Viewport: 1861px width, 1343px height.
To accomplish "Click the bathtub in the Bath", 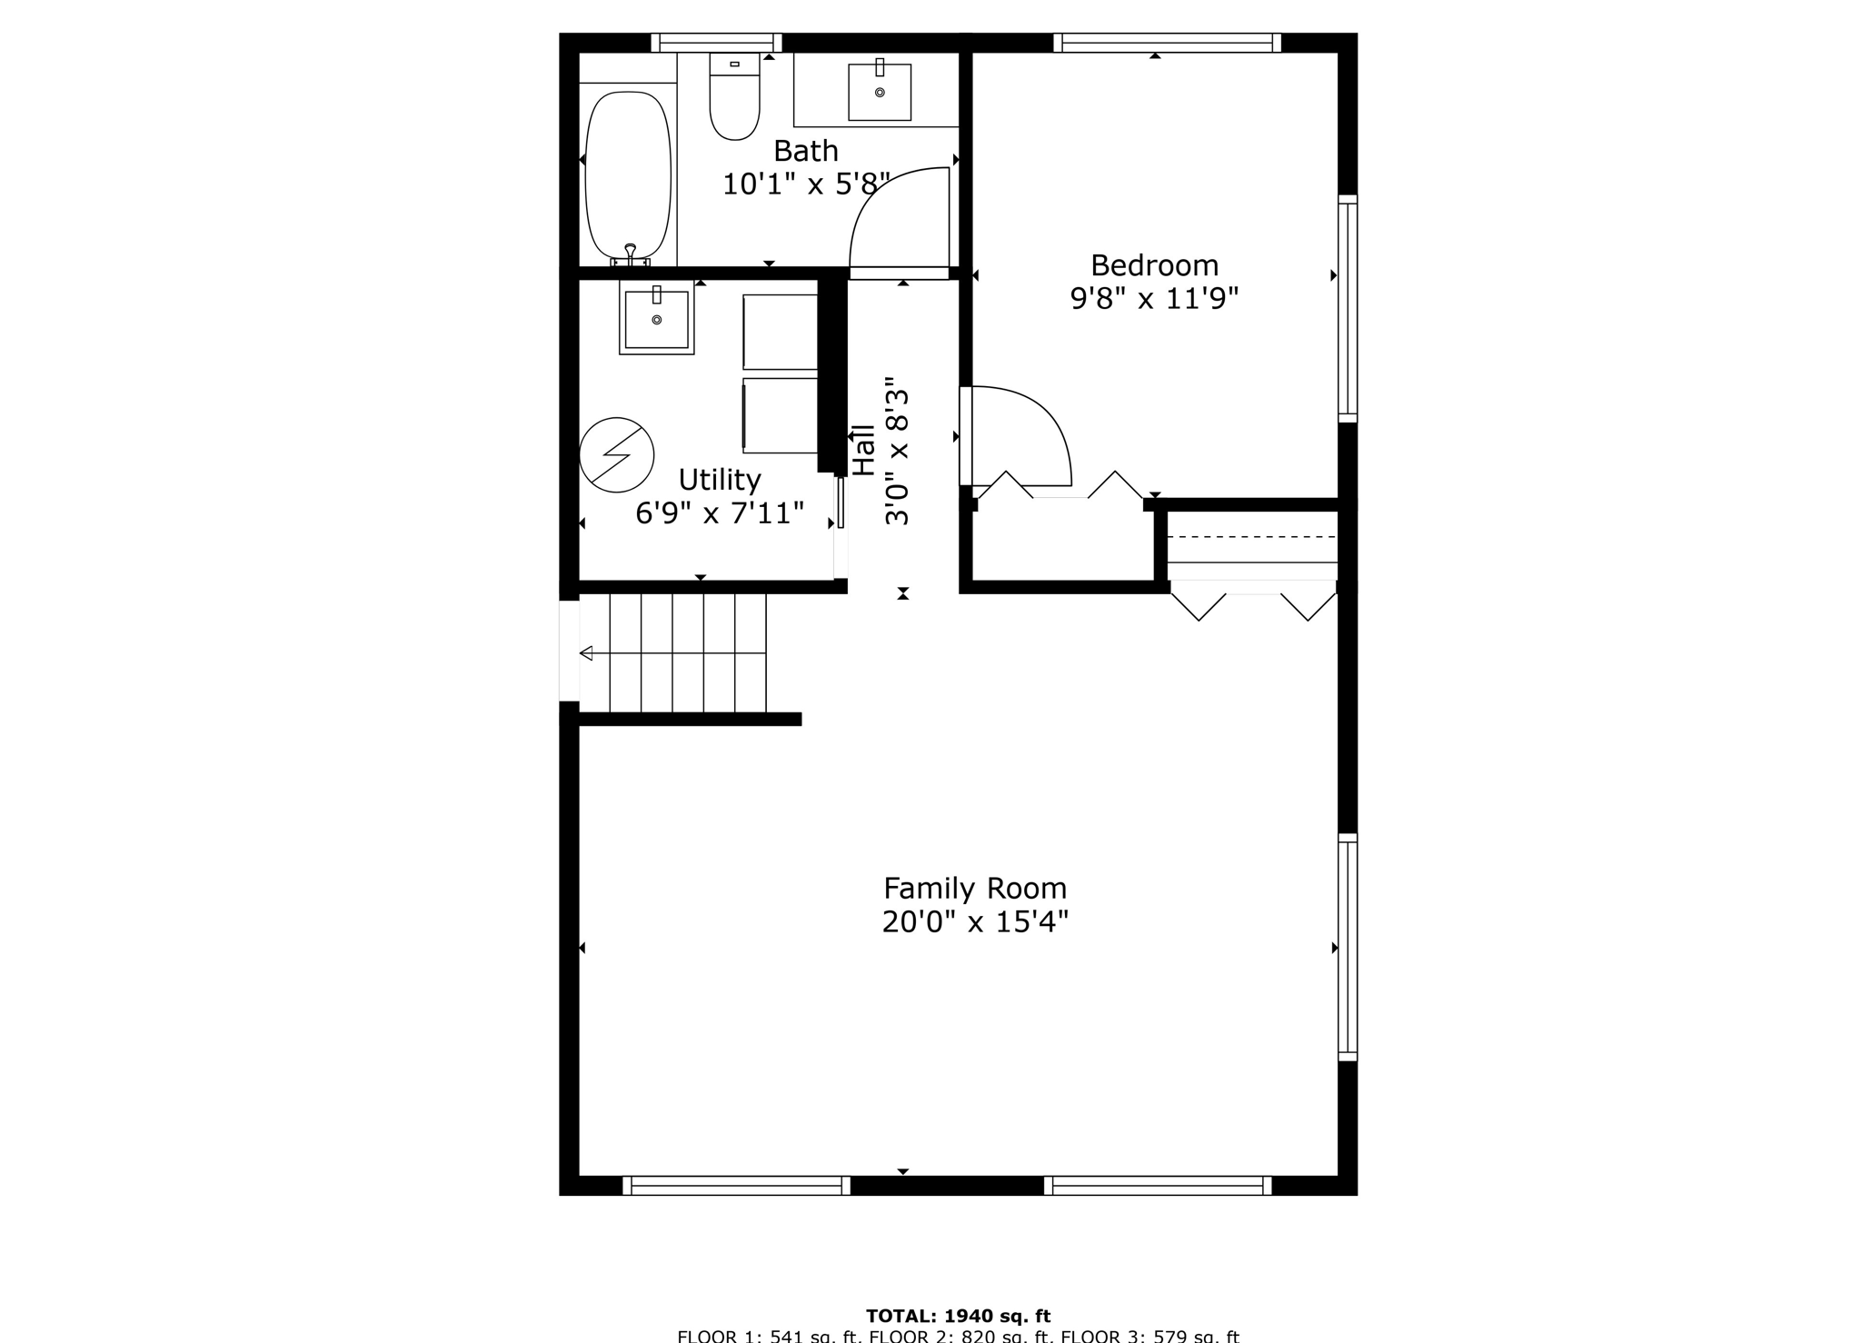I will (628, 174).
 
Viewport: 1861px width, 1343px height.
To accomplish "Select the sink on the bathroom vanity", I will (879, 92).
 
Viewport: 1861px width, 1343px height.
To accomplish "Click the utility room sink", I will (656, 318).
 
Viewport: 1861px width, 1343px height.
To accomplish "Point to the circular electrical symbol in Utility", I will (617, 454).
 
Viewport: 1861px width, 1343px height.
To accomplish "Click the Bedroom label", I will (1154, 265).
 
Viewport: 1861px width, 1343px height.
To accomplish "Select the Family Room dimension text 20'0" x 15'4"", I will (975, 922).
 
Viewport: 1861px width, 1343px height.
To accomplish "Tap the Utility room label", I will (719, 479).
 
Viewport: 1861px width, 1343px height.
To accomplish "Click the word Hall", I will (863, 450).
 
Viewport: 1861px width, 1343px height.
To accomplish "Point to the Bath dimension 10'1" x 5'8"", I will (805, 184).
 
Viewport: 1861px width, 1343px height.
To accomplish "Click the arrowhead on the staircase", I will (586, 653).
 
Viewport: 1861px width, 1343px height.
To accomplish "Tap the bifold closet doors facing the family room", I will (1253, 605).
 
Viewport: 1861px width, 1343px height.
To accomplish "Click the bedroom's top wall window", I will (1167, 43).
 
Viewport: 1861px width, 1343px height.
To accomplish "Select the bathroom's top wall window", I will (716, 43).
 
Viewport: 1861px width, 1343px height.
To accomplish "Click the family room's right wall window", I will (1348, 947).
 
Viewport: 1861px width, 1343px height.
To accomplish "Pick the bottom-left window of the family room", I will (736, 1185).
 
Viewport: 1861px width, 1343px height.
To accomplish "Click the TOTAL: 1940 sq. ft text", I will (958, 1316).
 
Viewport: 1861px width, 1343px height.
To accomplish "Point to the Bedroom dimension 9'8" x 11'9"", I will (1154, 299).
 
